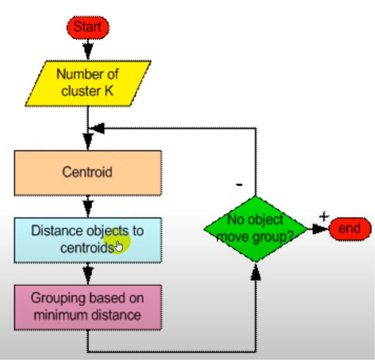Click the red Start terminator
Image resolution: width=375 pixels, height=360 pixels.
[88, 27]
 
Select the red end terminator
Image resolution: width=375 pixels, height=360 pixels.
[349, 229]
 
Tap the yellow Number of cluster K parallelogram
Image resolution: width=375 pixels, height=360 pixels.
[88, 83]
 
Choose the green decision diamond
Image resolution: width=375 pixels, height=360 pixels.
[256, 229]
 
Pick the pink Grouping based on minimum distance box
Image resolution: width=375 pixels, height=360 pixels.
[88, 307]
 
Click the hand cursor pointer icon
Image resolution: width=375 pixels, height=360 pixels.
[119, 246]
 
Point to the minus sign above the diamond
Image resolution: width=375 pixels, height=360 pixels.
[239, 184]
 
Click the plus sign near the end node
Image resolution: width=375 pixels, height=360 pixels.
[324, 217]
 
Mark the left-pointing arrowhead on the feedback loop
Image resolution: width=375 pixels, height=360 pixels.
[98, 128]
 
